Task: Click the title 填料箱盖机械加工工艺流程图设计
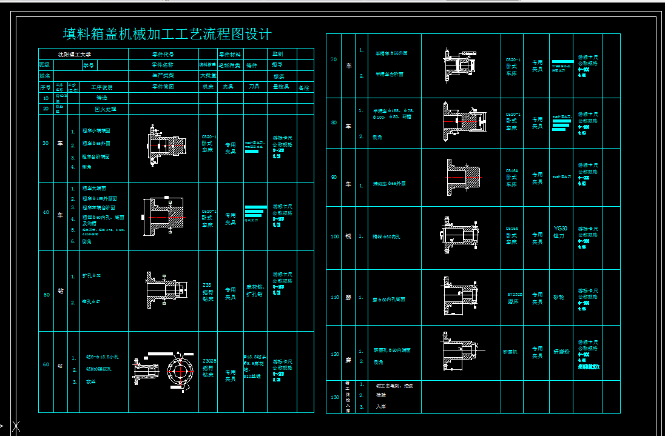(167, 34)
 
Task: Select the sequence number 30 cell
(46, 144)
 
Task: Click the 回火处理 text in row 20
(105, 109)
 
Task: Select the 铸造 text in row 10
(105, 97)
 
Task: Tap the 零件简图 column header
(163, 87)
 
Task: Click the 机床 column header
(208, 87)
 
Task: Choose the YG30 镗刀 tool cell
(561, 232)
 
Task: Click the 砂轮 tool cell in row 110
(559, 297)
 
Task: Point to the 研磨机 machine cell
(511, 352)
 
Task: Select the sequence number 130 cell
(334, 397)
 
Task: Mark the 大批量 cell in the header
(208, 76)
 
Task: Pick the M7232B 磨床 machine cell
(511, 298)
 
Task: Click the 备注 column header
(303, 88)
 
